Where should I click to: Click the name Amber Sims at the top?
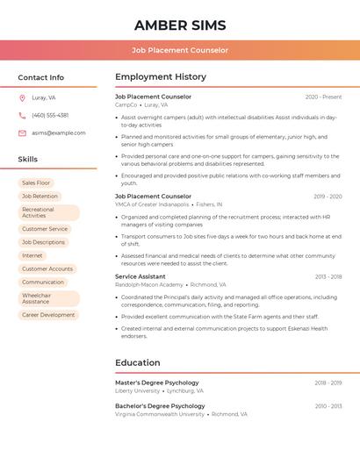click(x=180, y=25)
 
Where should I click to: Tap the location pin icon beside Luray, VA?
click(x=22, y=98)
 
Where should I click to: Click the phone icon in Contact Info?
click(x=22, y=115)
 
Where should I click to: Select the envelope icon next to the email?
click(x=22, y=132)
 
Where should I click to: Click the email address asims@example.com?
click(x=59, y=132)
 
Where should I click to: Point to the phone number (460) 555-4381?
click(x=50, y=115)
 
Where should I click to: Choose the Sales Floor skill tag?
click(x=36, y=182)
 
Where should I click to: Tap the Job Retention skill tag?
click(x=40, y=197)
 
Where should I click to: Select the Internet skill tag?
click(x=32, y=255)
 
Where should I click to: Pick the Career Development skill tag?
click(x=48, y=314)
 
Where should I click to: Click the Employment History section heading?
click(x=161, y=77)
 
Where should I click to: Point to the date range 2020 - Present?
click(x=323, y=97)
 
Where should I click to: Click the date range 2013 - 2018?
click(x=328, y=276)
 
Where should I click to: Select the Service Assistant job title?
click(x=140, y=276)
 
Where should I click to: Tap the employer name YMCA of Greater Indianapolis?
click(x=152, y=204)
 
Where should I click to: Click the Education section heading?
click(x=138, y=362)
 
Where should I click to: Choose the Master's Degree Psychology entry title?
click(x=157, y=383)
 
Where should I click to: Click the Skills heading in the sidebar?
click(x=28, y=159)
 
